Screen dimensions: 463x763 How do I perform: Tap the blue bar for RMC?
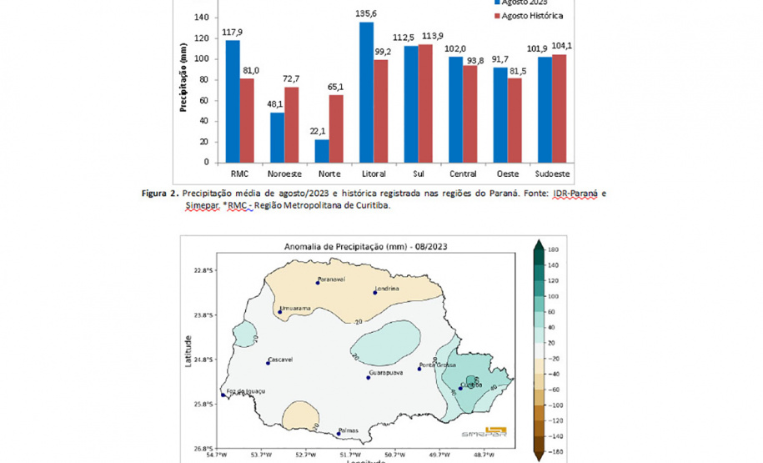(x=232, y=101)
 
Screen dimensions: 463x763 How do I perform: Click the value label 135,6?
(x=366, y=14)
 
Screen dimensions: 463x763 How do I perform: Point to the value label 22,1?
(x=322, y=131)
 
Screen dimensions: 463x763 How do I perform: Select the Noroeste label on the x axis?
(x=284, y=174)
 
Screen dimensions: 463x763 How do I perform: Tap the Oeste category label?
(x=508, y=174)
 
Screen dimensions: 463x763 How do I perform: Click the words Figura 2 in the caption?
(x=161, y=194)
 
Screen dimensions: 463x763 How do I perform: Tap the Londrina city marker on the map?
(x=374, y=293)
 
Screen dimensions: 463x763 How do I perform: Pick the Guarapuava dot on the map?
(x=368, y=378)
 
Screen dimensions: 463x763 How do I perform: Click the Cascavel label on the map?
(x=280, y=360)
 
